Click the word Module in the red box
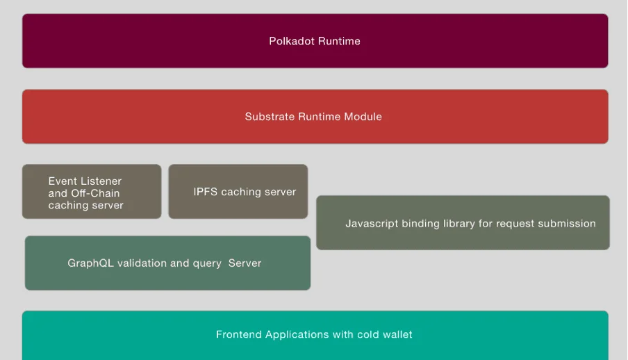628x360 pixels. pos(363,117)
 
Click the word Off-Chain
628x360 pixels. pos(94,193)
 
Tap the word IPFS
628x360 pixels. pos(206,192)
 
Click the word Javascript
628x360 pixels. pos(372,224)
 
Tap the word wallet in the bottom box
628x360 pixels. pos(397,335)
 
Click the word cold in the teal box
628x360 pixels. pos(368,335)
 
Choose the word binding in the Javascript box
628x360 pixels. pos(421,224)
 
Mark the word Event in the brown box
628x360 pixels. pos(62,181)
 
